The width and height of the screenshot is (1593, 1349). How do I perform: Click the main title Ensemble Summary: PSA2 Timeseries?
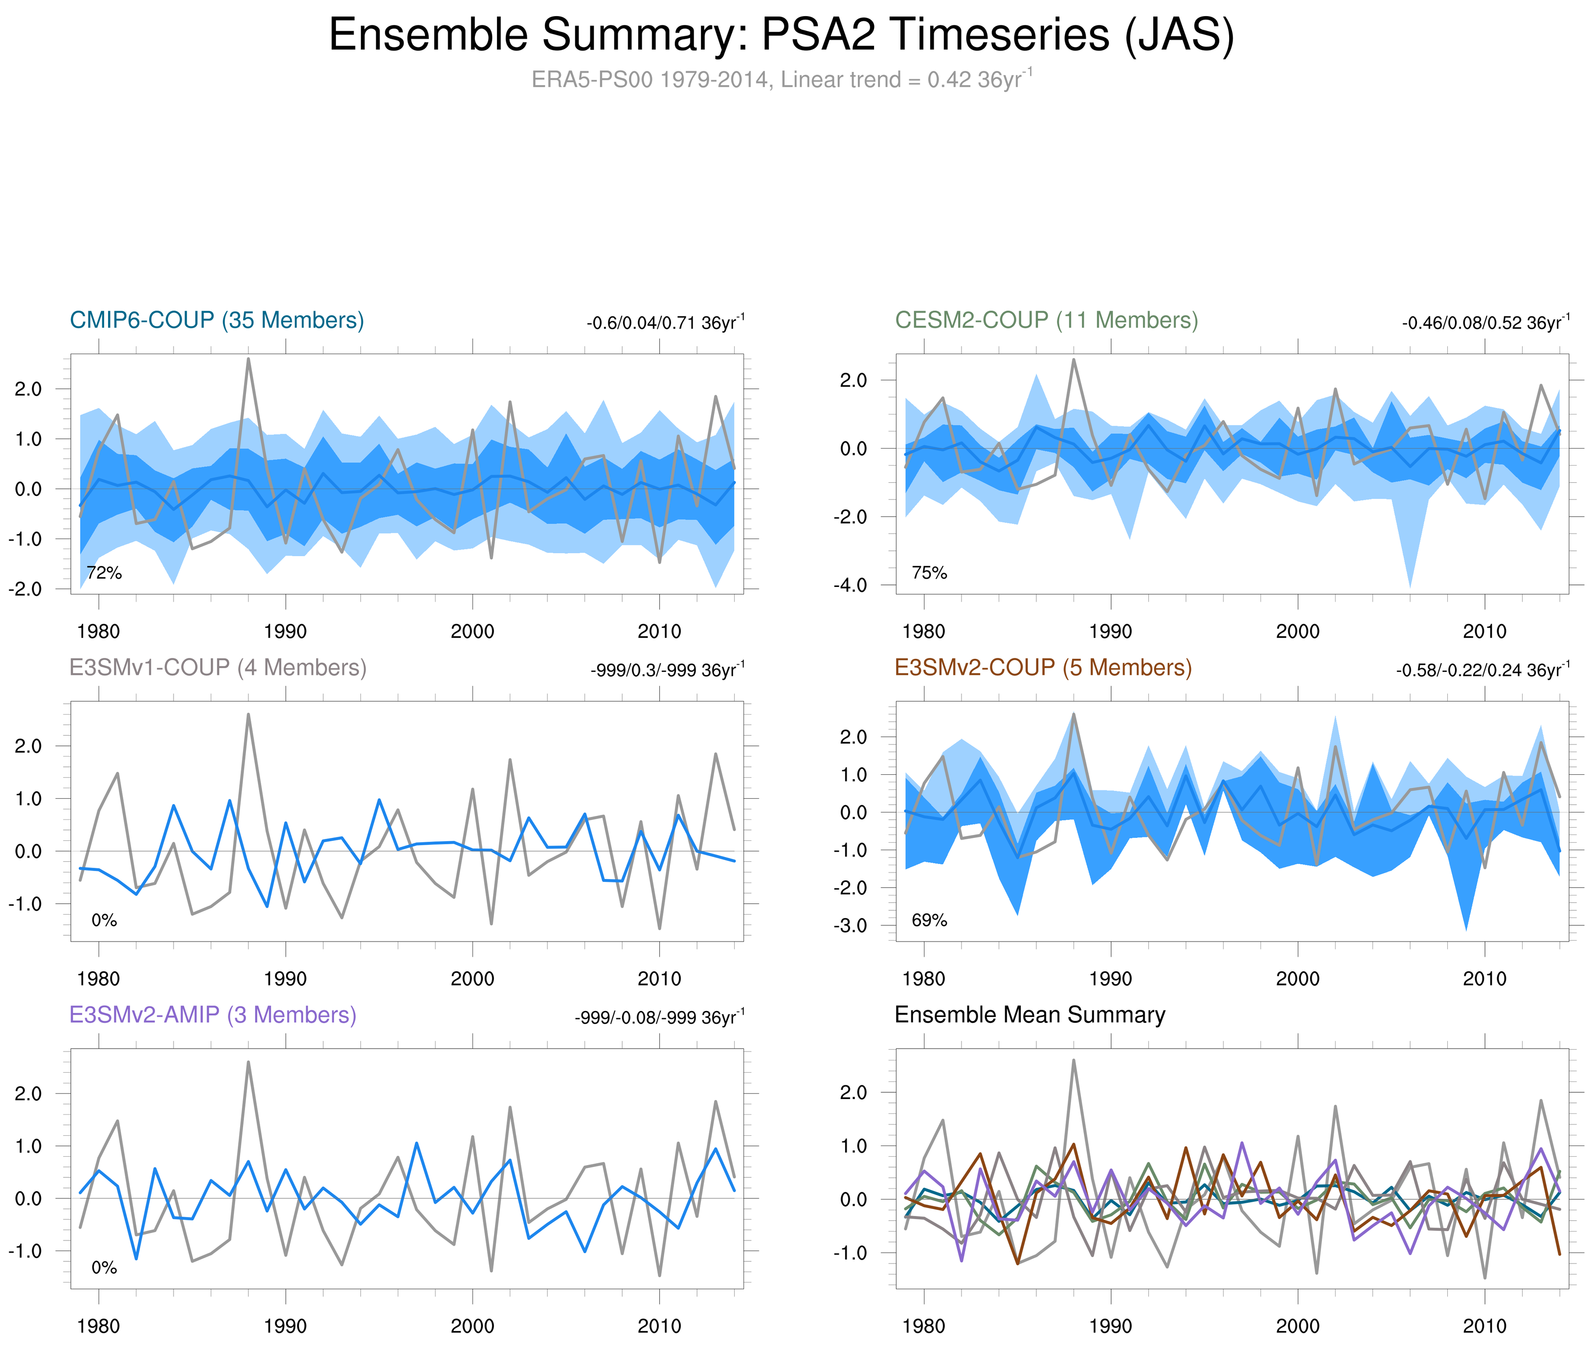781,35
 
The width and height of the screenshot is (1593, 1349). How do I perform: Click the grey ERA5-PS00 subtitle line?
781,80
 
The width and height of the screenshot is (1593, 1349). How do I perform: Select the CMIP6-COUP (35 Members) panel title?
217,320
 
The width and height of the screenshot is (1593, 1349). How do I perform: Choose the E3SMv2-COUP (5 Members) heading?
1042,668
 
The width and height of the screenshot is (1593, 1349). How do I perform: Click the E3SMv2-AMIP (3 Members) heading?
213,1015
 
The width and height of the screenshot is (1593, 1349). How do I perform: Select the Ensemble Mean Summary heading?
1030,1015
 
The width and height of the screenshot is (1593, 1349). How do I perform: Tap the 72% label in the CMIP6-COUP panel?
104,573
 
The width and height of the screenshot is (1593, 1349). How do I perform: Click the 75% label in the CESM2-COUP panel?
929,573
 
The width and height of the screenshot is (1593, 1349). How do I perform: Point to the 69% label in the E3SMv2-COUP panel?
929,920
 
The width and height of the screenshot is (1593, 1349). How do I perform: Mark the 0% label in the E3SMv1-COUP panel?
104,920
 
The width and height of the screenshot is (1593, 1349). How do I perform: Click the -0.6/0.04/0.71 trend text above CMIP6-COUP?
665,323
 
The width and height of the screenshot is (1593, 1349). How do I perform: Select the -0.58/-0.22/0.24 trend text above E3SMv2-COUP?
1482,670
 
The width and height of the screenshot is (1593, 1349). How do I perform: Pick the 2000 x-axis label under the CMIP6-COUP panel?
472,631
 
